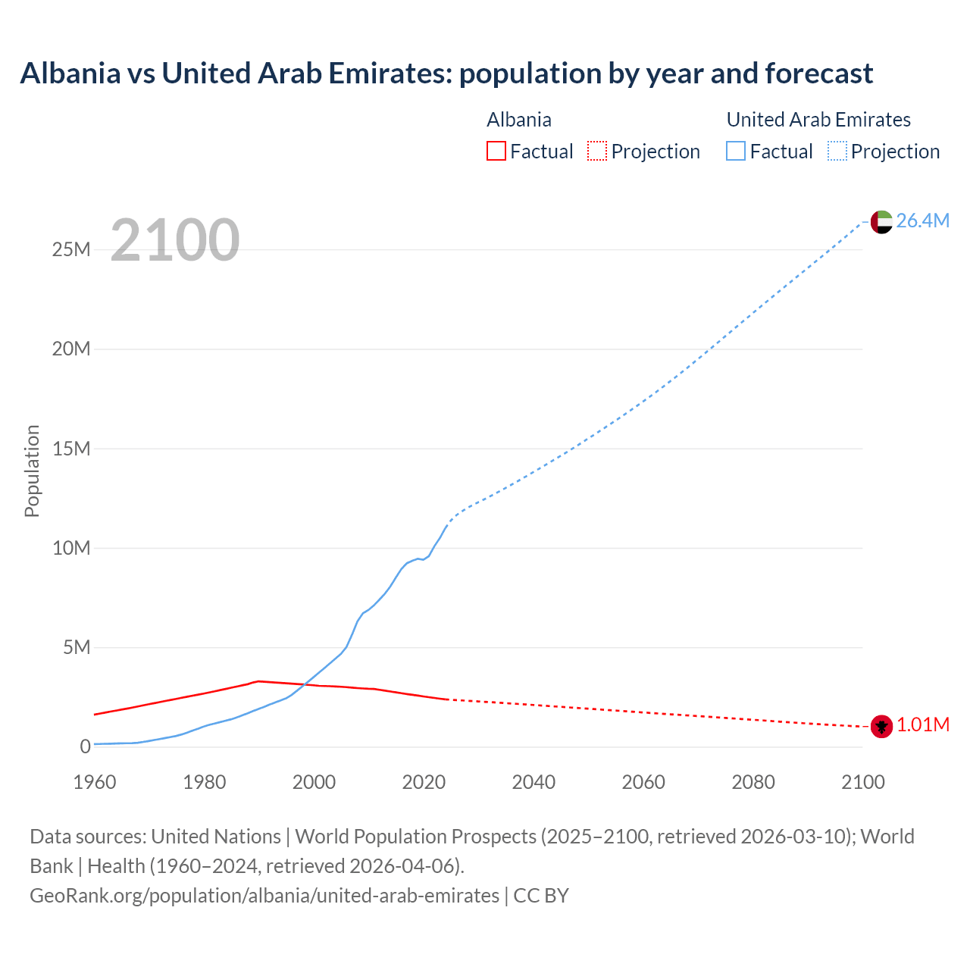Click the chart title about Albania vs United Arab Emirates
[x=446, y=74]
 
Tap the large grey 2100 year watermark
[x=175, y=240]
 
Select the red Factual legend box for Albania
[x=496, y=151]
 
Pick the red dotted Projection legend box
[x=597, y=151]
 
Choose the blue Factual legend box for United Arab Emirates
[x=735, y=151]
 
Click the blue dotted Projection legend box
[x=837, y=151]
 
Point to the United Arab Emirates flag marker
[x=881, y=221]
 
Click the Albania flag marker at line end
[x=881, y=725]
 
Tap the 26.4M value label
[x=922, y=221]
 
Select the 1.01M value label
[x=923, y=725]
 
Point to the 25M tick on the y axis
[x=71, y=249]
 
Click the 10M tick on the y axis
[x=71, y=548]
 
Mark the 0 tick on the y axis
[x=85, y=746]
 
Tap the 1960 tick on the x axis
[x=95, y=782]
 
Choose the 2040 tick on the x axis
[x=533, y=782]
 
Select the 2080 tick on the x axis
[x=753, y=782]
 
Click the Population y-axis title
[x=32, y=471]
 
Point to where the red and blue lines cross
[x=304, y=684]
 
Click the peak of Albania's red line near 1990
[x=259, y=681]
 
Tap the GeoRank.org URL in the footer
[x=264, y=896]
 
